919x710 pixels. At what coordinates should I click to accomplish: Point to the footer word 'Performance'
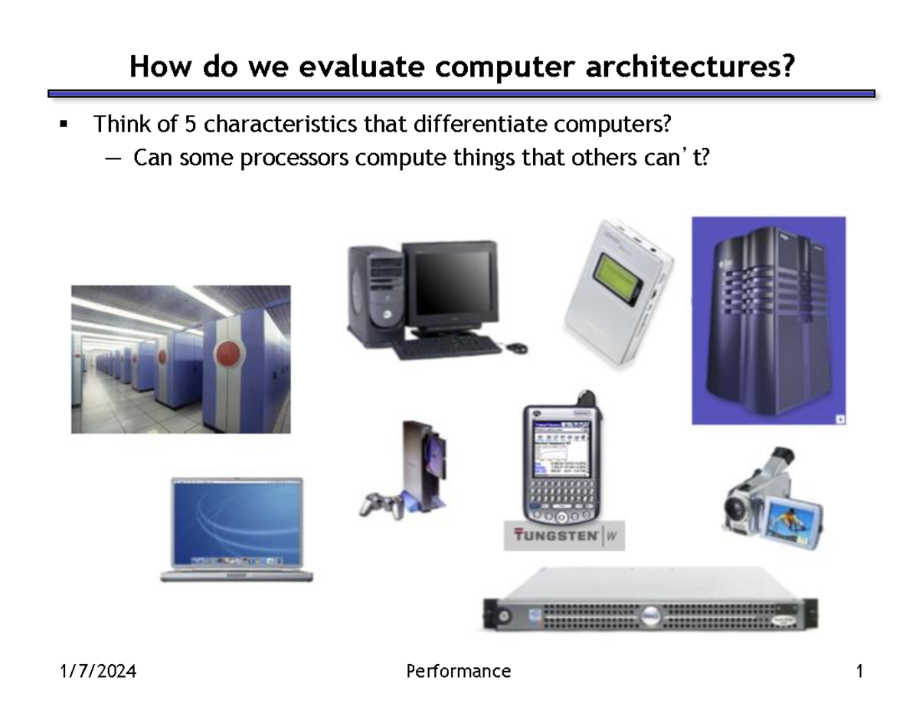(x=458, y=672)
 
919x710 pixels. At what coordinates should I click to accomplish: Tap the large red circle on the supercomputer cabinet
(x=227, y=355)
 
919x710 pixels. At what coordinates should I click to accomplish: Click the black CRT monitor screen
(x=450, y=283)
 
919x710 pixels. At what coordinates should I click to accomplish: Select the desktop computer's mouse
(x=518, y=348)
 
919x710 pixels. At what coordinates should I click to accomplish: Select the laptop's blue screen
(x=237, y=522)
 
